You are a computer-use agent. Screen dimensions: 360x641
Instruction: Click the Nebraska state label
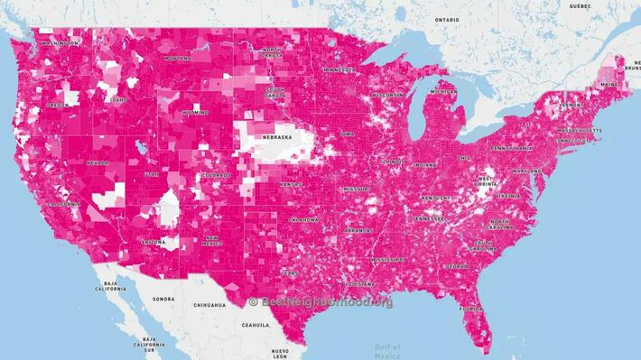click(x=277, y=137)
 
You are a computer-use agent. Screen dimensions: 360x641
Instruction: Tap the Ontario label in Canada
click(x=446, y=20)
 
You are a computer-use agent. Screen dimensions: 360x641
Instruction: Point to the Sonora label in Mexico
click(x=163, y=299)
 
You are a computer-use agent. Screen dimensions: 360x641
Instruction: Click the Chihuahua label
click(x=208, y=306)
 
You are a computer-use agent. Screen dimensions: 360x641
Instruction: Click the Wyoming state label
click(x=195, y=114)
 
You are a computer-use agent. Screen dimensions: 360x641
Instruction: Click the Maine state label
click(x=609, y=85)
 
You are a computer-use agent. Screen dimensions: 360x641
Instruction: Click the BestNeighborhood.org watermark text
click(x=320, y=302)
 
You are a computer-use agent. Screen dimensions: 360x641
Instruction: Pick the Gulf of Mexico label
click(x=387, y=350)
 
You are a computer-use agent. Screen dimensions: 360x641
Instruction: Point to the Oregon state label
click(x=58, y=106)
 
